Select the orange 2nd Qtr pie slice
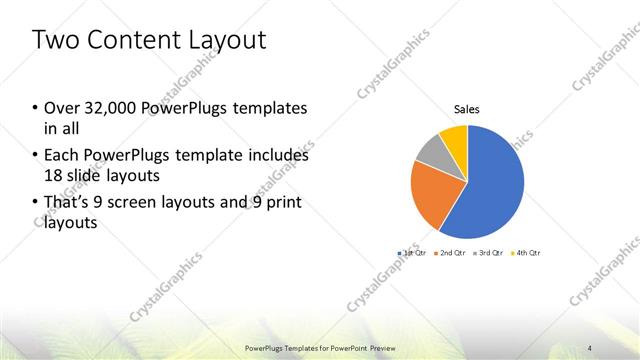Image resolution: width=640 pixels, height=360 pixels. point(432,196)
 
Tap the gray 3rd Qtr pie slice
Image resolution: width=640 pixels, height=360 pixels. point(427,150)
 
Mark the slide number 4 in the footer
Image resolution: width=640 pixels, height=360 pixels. point(590,347)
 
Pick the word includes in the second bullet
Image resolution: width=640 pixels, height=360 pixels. point(276,156)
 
